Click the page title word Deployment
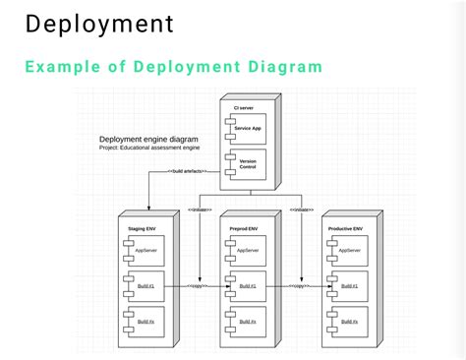click(x=98, y=23)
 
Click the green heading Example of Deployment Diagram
click(x=173, y=67)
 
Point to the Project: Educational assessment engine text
click(x=149, y=148)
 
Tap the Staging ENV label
click(x=141, y=228)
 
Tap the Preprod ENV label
click(x=243, y=228)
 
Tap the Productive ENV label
click(x=345, y=228)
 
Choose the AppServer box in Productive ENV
click(x=348, y=251)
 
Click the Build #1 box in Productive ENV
click(x=348, y=286)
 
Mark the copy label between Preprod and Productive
click(x=299, y=286)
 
